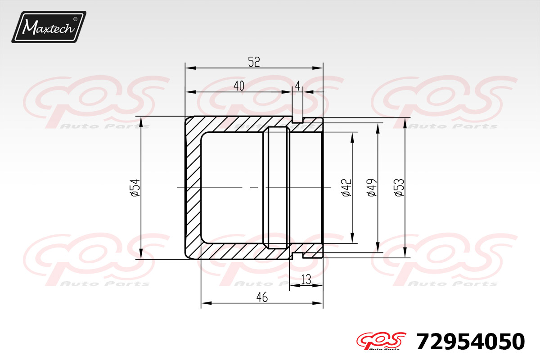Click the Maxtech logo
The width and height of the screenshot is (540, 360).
click(49, 27)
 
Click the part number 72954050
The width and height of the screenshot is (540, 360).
click(471, 342)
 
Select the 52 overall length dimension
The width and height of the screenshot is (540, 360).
click(254, 62)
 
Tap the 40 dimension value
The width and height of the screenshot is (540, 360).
click(239, 86)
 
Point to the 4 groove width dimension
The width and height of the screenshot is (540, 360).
click(298, 86)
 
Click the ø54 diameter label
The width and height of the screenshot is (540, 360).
click(135, 188)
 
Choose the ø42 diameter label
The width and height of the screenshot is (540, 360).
click(347, 188)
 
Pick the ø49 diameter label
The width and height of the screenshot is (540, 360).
click(372, 188)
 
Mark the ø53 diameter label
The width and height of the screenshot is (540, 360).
click(400, 188)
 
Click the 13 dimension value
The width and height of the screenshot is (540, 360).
click(306, 279)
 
